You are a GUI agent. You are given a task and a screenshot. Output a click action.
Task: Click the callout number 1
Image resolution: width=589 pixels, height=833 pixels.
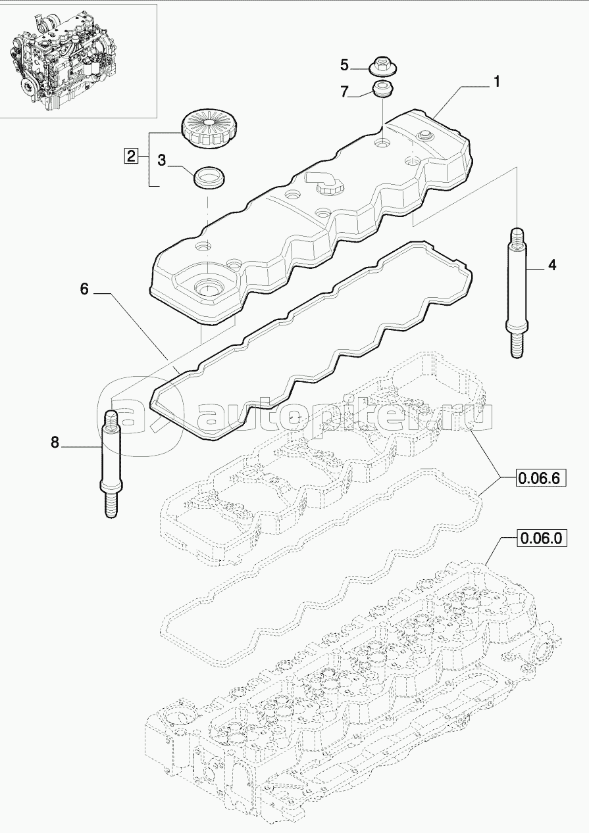point(497,82)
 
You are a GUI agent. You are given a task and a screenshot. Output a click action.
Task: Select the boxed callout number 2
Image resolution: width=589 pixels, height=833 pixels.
point(131,156)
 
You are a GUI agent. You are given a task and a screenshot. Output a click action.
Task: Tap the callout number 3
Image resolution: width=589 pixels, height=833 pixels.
point(161,159)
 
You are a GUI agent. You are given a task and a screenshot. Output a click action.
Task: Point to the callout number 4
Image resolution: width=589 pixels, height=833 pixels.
point(551,265)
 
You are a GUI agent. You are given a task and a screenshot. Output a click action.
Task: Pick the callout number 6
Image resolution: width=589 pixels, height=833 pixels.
point(84,288)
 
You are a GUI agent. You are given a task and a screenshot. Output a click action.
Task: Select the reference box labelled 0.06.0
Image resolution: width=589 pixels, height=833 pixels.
point(540,539)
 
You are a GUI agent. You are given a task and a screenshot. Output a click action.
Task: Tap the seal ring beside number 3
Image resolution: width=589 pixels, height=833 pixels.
point(209,176)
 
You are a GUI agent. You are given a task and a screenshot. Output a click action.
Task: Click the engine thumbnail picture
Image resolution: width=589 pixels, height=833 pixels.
point(79,59)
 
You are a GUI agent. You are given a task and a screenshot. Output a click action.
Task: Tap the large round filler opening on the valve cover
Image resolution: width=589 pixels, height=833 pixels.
point(207,288)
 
